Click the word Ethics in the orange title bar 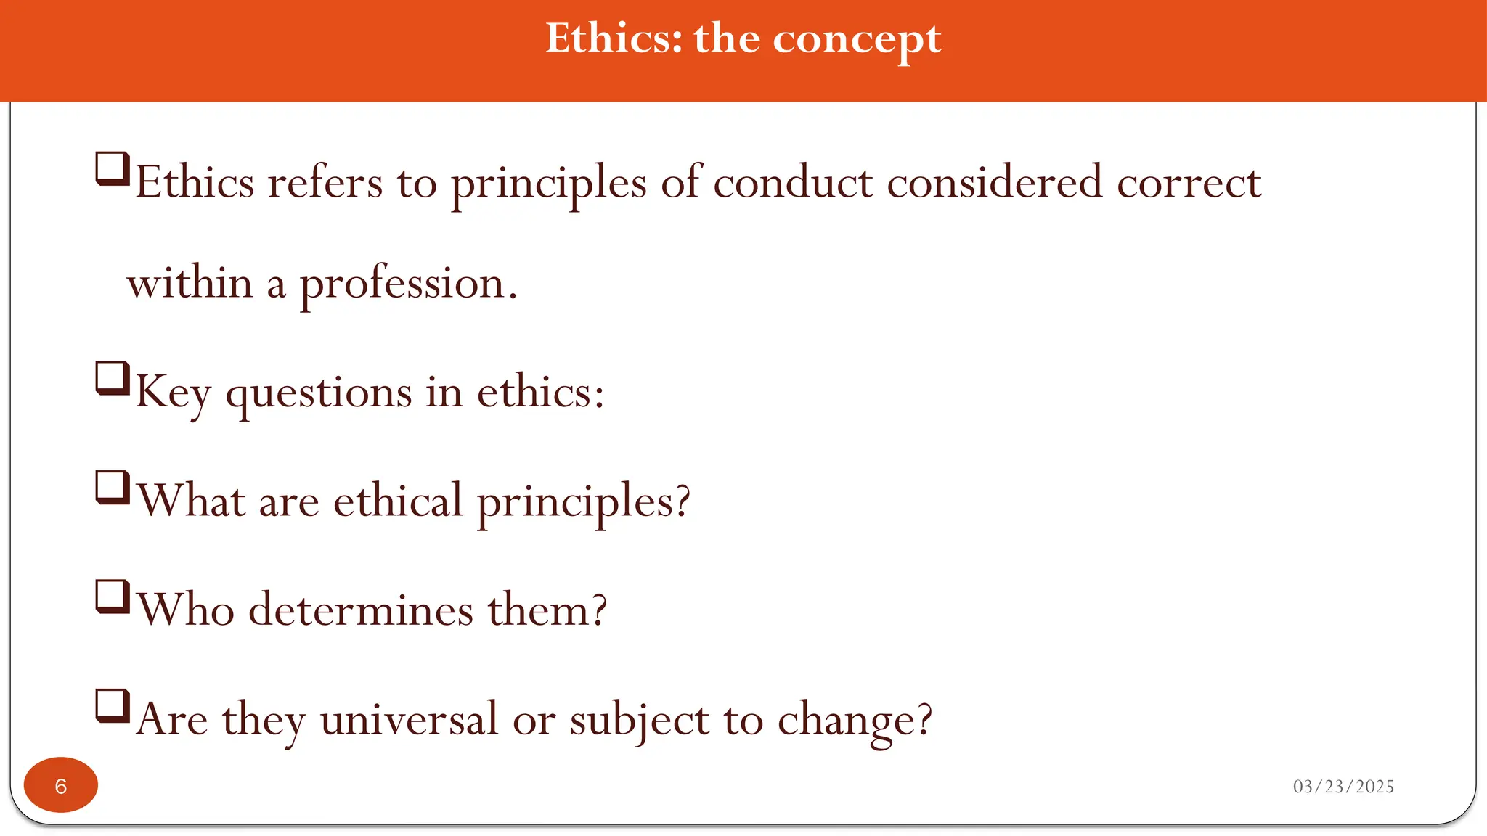click(614, 38)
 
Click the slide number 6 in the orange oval click(61, 786)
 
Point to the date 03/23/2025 click(1343, 787)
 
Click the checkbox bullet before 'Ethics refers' click(113, 168)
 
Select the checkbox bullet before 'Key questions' click(113, 378)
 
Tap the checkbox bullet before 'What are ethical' click(113, 488)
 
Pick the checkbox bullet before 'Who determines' click(113, 597)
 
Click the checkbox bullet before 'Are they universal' click(113, 706)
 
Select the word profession click(403, 284)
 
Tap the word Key click(173, 393)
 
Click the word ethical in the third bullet click(398, 501)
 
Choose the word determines click(361, 610)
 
